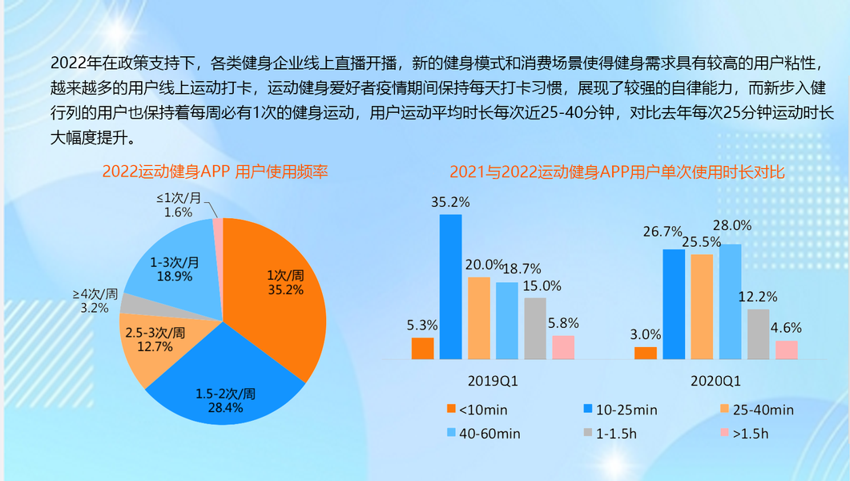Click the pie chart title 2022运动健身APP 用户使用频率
pos(215,172)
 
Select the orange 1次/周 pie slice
pos(280,289)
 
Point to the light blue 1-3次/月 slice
pos(172,265)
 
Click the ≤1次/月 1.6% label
pos(178,205)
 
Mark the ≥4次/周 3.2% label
pos(95,301)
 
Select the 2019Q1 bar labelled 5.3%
pos(422,348)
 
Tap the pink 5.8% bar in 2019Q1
pos(563,347)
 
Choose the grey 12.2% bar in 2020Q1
pos(757,333)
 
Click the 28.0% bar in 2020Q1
pos(730,301)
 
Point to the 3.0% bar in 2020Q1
pos(645,353)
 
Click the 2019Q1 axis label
pos(493,382)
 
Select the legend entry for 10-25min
pos(620,410)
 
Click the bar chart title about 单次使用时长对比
pos(617,172)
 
